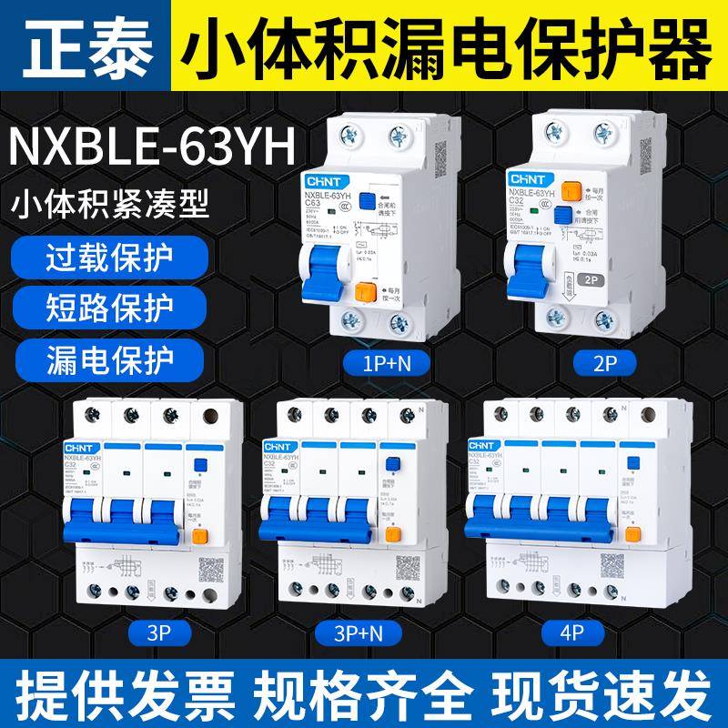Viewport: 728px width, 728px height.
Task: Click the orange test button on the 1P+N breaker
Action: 367,292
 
